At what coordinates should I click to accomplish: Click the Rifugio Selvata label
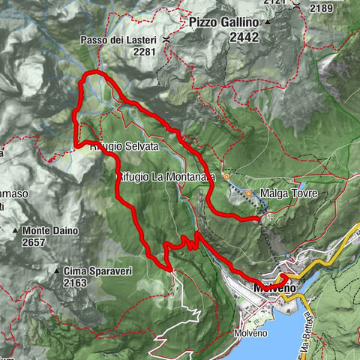[124, 147]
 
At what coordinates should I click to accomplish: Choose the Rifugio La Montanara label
[160, 176]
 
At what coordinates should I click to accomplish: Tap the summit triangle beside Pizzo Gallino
[268, 22]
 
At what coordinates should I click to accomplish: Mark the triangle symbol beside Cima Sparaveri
[57, 270]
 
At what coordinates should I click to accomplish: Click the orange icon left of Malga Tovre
[249, 193]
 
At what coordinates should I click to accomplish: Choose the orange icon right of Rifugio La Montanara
[226, 176]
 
